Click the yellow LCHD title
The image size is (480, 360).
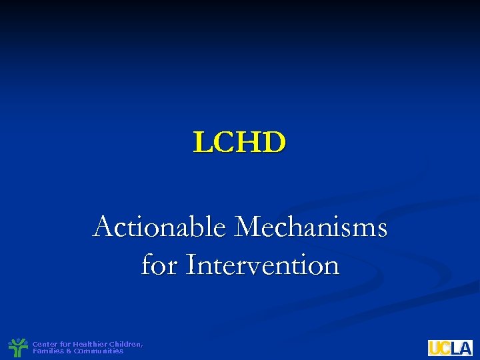click(240, 142)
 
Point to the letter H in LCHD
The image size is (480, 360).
click(250, 142)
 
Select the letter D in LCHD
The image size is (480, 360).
click(275, 142)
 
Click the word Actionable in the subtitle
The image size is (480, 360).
click(160, 227)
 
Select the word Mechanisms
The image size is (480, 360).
click(311, 227)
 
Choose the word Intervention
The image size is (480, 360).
click(263, 265)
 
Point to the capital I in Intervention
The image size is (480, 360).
click(191, 265)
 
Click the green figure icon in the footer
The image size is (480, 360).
click(18, 347)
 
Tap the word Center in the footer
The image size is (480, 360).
click(45, 344)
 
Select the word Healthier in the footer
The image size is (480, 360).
click(89, 344)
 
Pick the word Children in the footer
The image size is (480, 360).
click(125, 344)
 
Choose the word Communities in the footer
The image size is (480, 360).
click(99, 351)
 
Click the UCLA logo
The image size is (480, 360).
click(450, 347)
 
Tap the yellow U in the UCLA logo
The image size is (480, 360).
click(435, 347)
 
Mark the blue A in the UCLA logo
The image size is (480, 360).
click(465, 347)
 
